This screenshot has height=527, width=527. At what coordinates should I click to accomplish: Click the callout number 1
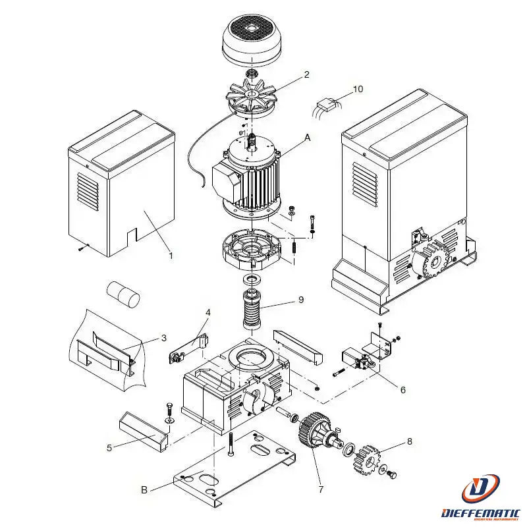tap(171, 255)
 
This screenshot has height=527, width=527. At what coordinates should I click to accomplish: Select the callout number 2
tap(306, 75)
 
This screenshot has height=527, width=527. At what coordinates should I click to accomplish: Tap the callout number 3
tap(163, 339)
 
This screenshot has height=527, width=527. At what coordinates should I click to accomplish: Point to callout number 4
tap(208, 312)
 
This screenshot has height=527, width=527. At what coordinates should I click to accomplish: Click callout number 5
tap(109, 448)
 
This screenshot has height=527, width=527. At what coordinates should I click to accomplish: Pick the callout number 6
tap(402, 389)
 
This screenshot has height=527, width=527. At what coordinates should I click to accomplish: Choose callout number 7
tap(321, 489)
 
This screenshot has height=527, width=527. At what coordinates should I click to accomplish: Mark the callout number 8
tap(409, 441)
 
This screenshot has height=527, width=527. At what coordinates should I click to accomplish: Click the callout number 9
tap(301, 300)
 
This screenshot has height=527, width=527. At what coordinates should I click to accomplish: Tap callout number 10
tap(358, 88)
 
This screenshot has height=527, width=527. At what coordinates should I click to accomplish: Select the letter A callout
tap(307, 138)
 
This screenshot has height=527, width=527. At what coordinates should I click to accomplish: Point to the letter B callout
tap(144, 489)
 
